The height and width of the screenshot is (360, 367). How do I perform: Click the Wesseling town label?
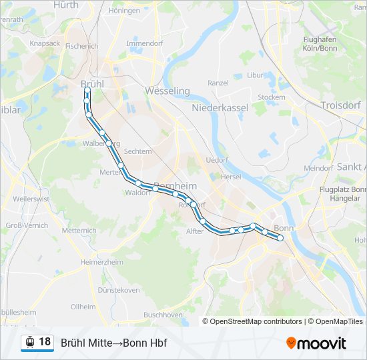(x=167, y=91)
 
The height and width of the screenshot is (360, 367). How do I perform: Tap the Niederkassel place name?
(x=220, y=107)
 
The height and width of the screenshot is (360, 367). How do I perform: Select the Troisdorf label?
(x=340, y=105)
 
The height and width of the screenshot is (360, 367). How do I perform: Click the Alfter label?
(x=194, y=231)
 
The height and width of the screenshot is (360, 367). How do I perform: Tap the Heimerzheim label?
(x=101, y=262)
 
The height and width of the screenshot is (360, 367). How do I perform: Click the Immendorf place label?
(x=145, y=43)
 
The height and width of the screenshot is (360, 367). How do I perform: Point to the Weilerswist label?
(x=31, y=199)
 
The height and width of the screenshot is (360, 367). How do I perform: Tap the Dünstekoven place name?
(x=119, y=290)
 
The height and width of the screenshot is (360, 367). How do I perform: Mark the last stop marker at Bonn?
(x=281, y=237)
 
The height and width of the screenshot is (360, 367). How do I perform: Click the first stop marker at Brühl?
(x=87, y=89)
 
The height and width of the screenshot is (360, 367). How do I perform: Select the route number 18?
(x=45, y=342)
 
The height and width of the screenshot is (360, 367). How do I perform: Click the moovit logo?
(x=316, y=343)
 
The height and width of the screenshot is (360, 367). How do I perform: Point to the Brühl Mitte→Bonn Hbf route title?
(x=113, y=343)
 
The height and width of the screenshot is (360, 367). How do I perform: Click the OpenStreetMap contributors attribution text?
(x=256, y=321)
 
